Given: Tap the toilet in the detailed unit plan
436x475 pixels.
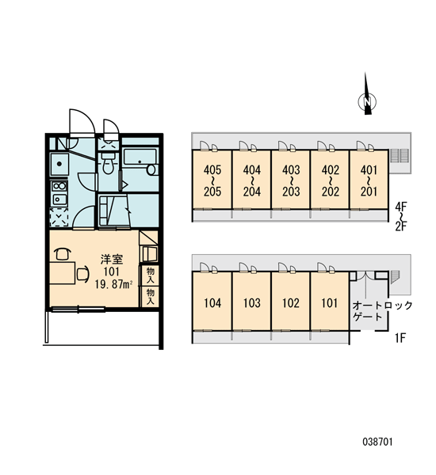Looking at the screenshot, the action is (x=108, y=162).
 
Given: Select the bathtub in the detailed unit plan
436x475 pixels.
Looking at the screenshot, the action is (x=140, y=161).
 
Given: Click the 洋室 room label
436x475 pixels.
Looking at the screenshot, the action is (x=112, y=260).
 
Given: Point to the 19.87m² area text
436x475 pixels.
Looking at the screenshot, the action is (x=113, y=284).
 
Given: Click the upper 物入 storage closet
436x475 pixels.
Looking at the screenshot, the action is (x=150, y=275).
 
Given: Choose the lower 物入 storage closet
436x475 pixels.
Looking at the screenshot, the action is (x=150, y=296).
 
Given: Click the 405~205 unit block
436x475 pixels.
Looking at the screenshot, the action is (x=212, y=180).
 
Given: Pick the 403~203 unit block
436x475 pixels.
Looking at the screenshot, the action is (x=291, y=180).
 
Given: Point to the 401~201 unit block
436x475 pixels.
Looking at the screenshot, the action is (x=369, y=180).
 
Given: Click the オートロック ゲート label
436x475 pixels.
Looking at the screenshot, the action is (x=382, y=311).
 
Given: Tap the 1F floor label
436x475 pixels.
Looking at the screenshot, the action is (x=400, y=338).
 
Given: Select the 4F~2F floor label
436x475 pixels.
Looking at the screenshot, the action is (x=400, y=217).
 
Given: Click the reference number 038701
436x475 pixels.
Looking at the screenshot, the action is (x=377, y=442).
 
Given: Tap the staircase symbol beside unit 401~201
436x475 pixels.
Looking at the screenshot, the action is (x=400, y=155).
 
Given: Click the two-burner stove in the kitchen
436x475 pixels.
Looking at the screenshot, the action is (x=59, y=186).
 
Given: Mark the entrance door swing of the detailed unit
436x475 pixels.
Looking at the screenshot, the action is (x=82, y=121).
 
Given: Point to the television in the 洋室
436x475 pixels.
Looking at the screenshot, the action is (x=149, y=254).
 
